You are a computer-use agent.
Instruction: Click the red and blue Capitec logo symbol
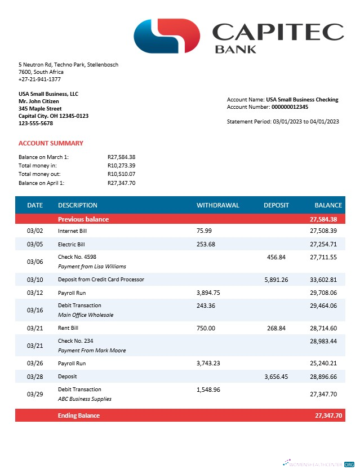pyautogui.click(x=167, y=35)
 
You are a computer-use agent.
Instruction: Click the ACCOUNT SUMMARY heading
pyautogui.click(x=51, y=143)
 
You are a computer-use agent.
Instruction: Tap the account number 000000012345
pyautogui.click(x=290, y=107)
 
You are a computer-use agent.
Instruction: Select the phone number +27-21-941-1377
pyautogui.click(x=39, y=79)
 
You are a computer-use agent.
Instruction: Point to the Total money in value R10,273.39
pyautogui.click(x=121, y=165)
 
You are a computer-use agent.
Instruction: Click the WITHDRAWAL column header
pyautogui.click(x=217, y=205)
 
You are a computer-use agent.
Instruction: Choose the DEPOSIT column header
pyautogui.click(x=276, y=205)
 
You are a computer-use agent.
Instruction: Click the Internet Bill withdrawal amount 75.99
pyautogui.click(x=204, y=231)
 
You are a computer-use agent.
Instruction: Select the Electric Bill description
pyautogui.click(x=71, y=244)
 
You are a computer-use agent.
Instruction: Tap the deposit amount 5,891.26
pyautogui.click(x=276, y=279)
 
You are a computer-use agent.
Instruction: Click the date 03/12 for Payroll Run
pyautogui.click(x=35, y=293)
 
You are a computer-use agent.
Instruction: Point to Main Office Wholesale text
pyautogui.click(x=86, y=315)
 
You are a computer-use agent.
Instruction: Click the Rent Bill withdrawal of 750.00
pyautogui.click(x=206, y=328)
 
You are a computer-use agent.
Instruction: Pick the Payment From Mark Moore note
pyautogui.click(x=92, y=350)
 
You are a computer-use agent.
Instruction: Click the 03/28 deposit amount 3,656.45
pyautogui.click(x=276, y=376)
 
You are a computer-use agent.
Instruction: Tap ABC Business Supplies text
pyautogui.click(x=85, y=399)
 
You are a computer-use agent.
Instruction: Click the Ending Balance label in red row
pyautogui.click(x=78, y=415)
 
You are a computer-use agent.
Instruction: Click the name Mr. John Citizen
pyautogui.click(x=38, y=101)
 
